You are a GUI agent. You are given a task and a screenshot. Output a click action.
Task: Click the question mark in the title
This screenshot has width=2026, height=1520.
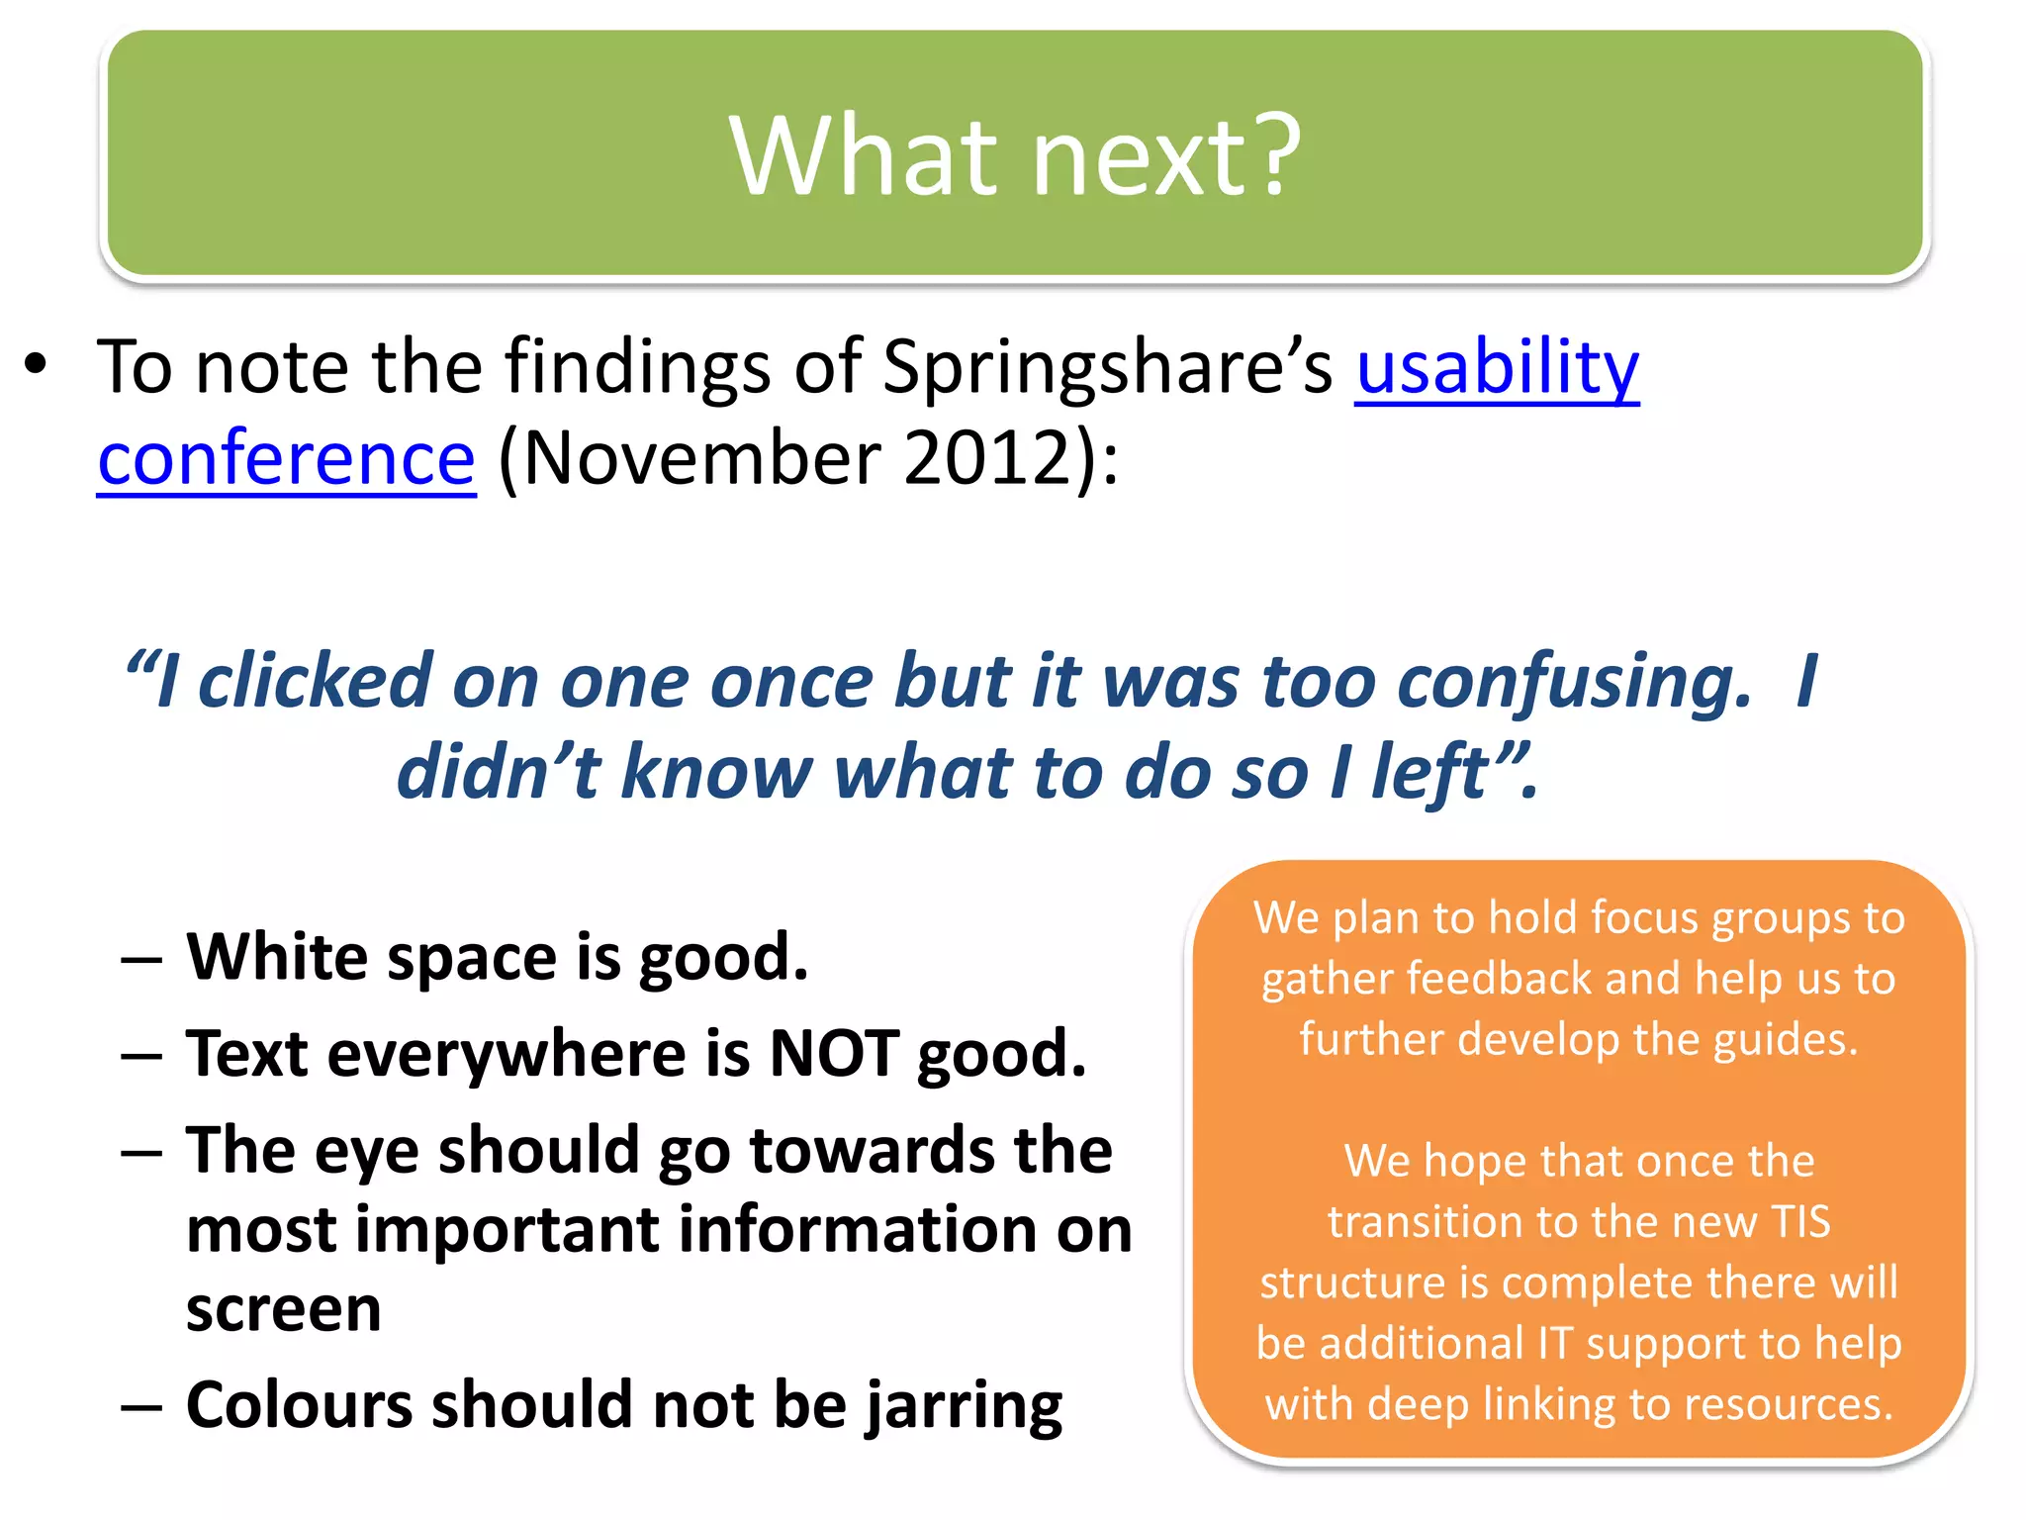click(x=1265, y=155)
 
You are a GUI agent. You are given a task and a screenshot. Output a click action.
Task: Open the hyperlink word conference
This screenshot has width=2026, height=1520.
click(x=287, y=459)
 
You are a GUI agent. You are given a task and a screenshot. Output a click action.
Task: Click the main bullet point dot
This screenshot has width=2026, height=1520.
click(x=37, y=364)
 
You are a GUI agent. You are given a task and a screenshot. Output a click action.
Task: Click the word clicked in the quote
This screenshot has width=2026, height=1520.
click(x=316, y=682)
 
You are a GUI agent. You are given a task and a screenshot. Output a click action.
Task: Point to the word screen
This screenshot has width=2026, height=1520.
click(x=283, y=1309)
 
